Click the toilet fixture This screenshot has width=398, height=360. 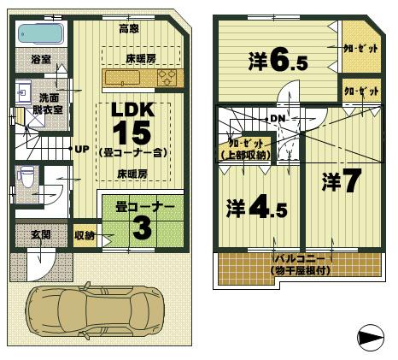click(x=26, y=179)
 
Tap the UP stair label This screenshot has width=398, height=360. click(x=82, y=149)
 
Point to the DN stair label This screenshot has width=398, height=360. click(x=278, y=118)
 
